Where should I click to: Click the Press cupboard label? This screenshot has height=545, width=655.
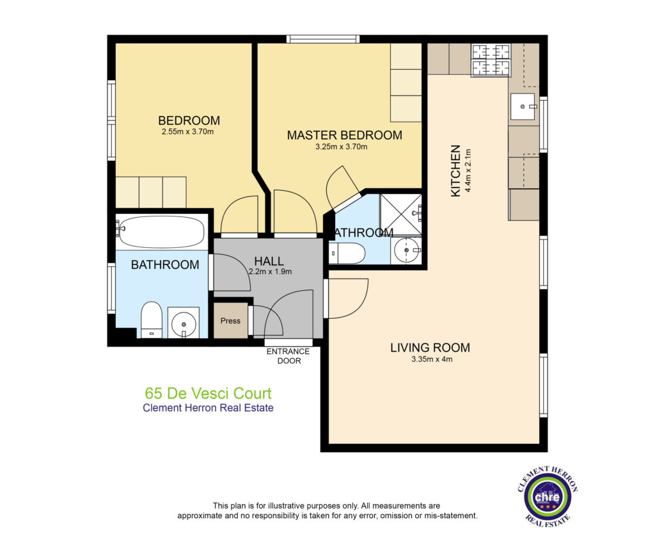[230, 321]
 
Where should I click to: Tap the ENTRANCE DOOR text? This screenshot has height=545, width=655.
[288, 356]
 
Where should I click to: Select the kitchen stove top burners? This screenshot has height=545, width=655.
[491, 60]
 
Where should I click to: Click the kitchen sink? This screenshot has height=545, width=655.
[523, 107]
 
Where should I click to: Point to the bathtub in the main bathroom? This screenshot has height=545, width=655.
[162, 232]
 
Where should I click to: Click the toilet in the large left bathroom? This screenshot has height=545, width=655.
[151, 320]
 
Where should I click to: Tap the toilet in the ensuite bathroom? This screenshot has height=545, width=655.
[347, 253]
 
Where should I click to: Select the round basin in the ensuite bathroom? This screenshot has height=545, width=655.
[406, 250]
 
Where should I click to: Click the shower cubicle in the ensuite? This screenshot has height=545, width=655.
[400, 214]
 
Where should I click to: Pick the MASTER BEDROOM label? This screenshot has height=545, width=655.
[345, 135]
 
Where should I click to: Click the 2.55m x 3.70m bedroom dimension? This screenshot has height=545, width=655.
[188, 132]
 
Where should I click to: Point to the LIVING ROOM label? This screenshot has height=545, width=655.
[430, 348]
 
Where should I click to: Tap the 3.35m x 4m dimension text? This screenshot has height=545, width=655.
[432, 359]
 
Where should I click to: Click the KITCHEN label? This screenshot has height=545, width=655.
[455, 170]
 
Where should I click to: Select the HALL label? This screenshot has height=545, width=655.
[269, 261]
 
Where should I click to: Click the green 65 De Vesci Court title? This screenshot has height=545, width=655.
[208, 394]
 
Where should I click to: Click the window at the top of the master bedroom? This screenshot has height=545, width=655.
[323, 39]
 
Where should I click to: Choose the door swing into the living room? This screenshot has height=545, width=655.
[349, 298]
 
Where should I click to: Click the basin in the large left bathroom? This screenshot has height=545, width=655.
[184, 323]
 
